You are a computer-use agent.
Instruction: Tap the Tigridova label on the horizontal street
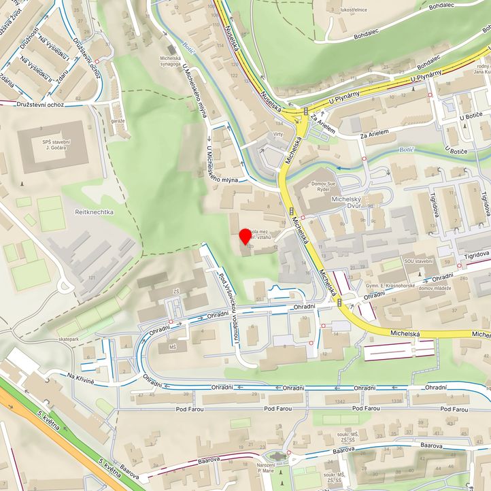477,255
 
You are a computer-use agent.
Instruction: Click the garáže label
118,120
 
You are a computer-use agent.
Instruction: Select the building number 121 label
90,277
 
